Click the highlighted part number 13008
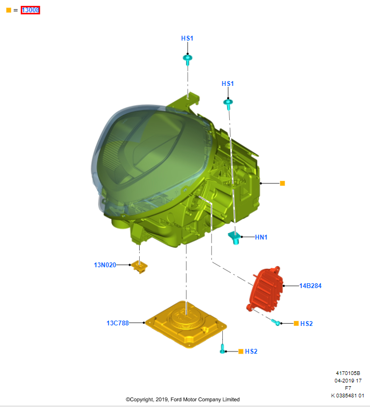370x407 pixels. pos(30,10)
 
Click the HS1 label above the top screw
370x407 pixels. pos(187,38)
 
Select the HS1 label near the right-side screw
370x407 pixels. pos(228,84)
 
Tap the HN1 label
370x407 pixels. pos(261,237)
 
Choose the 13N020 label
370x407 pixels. pos(105,265)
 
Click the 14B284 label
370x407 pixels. pos(310,286)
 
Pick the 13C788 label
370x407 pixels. pos(117,323)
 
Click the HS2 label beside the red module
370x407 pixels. pos(307,324)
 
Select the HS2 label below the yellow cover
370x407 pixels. pos(251,352)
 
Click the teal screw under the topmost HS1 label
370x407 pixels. pos(187,59)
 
